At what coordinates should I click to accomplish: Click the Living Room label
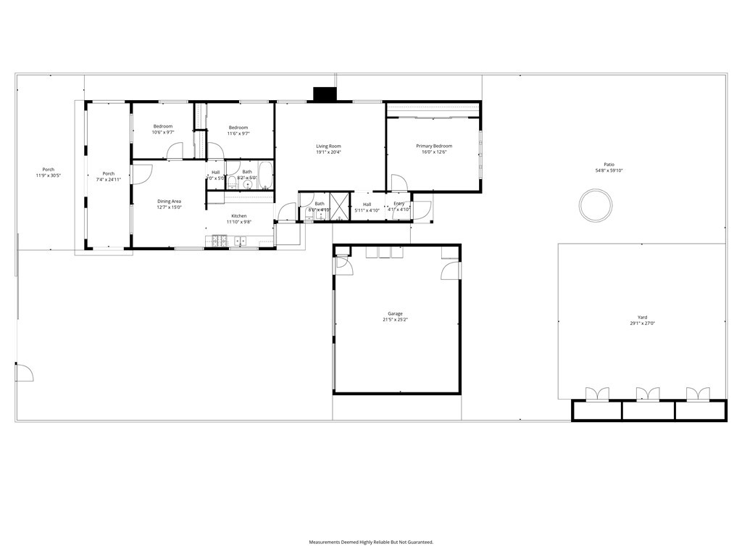click(x=328, y=146)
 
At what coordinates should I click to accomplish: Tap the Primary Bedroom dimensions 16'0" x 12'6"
click(x=433, y=152)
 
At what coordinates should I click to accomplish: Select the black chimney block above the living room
click(x=324, y=94)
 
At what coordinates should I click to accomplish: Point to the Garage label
click(x=396, y=313)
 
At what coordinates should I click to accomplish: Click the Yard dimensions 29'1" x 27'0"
click(x=642, y=323)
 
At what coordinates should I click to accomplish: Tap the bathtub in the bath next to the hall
click(x=264, y=174)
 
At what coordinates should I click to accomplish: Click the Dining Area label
click(x=169, y=201)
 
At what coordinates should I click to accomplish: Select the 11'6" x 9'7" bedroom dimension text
click(x=238, y=133)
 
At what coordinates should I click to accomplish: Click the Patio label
click(x=609, y=164)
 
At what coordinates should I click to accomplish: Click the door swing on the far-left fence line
click(x=25, y=372)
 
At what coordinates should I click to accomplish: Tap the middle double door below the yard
click(x=648, y=394)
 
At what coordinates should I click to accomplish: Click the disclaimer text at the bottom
click(x=370, y=542)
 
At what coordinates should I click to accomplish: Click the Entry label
click(x=399, y=204)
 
